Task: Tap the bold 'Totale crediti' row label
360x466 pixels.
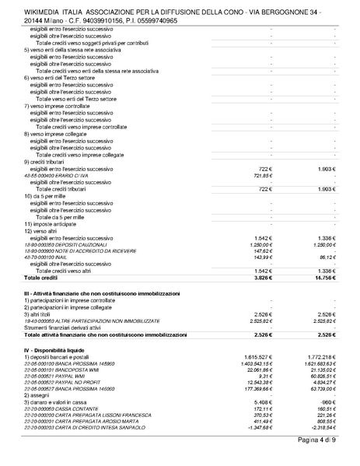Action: coord(41,276)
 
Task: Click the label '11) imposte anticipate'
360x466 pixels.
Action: coord(54,223)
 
